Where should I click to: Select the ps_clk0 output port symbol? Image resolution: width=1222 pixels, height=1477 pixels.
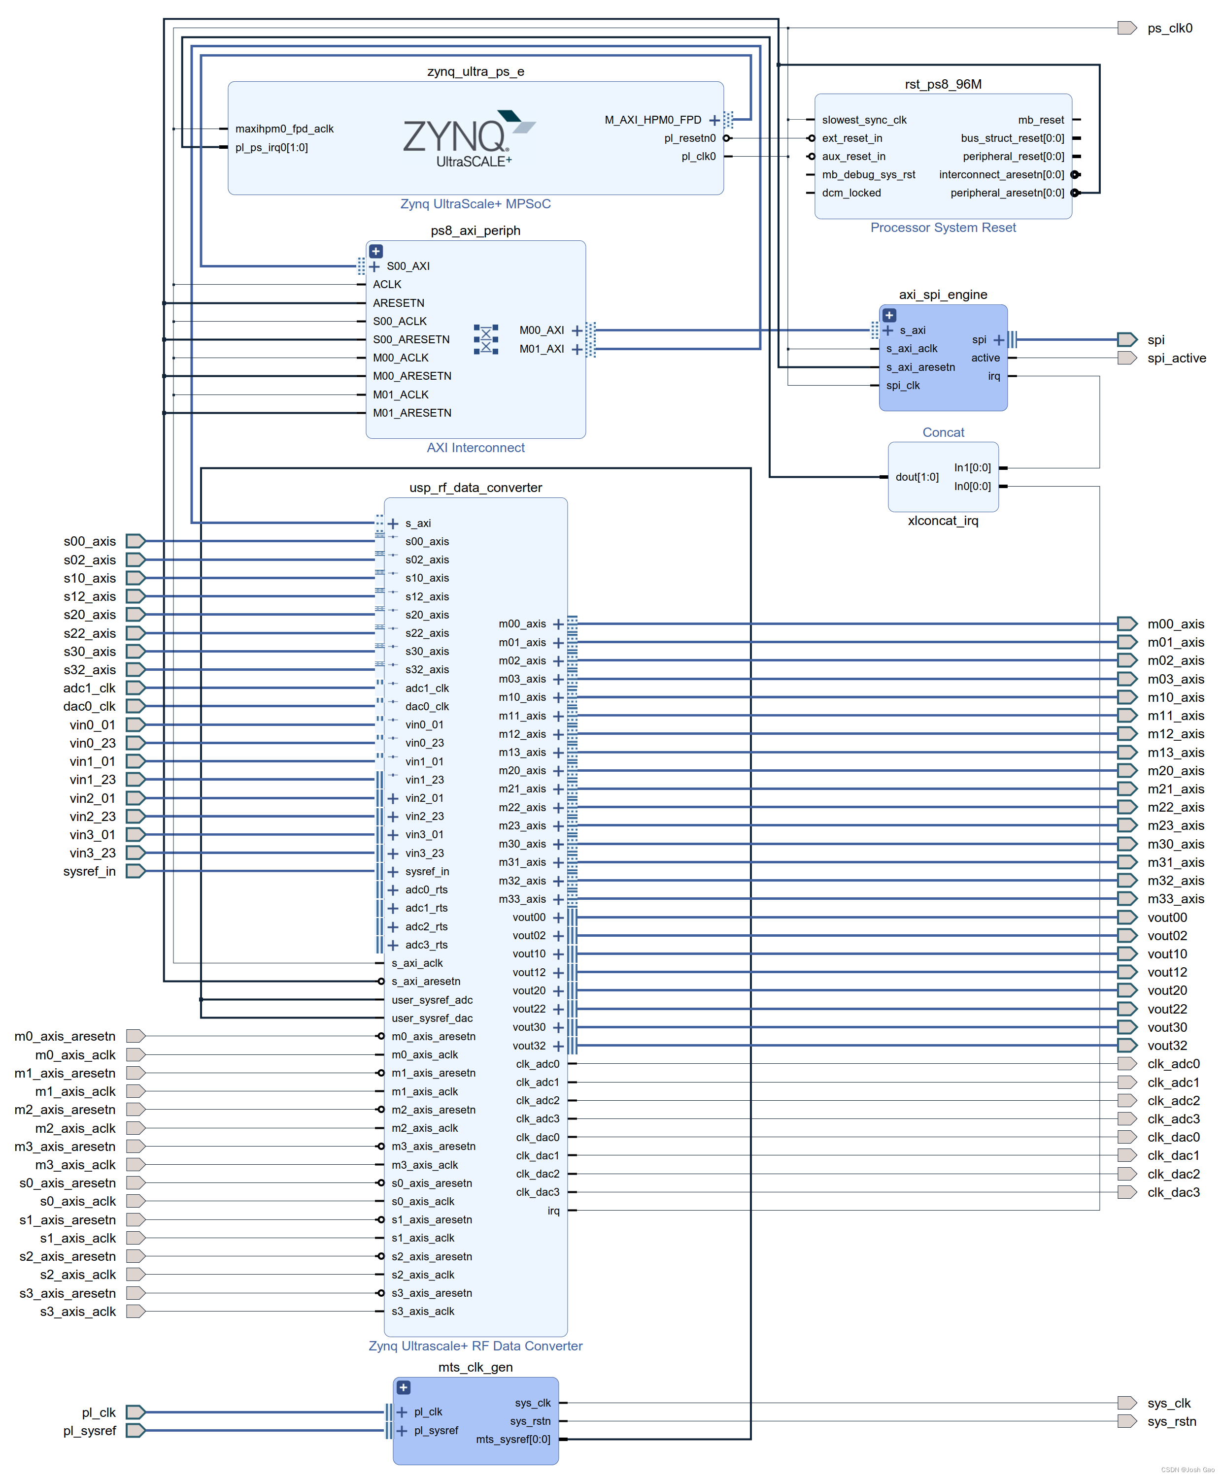[1126, 28]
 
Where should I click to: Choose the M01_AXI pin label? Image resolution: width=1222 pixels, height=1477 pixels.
[542, 349]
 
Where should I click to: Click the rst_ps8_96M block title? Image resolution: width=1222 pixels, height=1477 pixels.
[943, 84]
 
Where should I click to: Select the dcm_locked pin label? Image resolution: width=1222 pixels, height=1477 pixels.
[851, 193]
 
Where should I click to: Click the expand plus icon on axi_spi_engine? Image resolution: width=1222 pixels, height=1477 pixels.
[889, 315]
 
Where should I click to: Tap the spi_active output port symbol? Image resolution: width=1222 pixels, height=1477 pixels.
[1126, 358]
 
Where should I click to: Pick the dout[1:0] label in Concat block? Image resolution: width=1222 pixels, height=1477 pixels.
[916, 477]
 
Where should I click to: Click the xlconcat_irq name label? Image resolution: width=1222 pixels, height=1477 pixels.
[943, 521]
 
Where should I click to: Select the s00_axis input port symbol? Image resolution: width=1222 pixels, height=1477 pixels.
[135, 541]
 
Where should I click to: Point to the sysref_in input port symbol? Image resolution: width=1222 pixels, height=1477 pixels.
[135, 871]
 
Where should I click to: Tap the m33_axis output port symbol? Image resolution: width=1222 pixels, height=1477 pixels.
[1126, 899]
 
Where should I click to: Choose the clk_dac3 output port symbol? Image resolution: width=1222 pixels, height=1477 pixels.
[1126, 1192]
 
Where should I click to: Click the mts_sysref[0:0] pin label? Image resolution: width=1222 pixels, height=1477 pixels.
[513, 1439]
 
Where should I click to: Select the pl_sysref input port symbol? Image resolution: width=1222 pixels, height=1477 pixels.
[135, 1431]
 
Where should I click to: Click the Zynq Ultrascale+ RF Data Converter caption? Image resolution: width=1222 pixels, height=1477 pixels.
[475, 1346]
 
